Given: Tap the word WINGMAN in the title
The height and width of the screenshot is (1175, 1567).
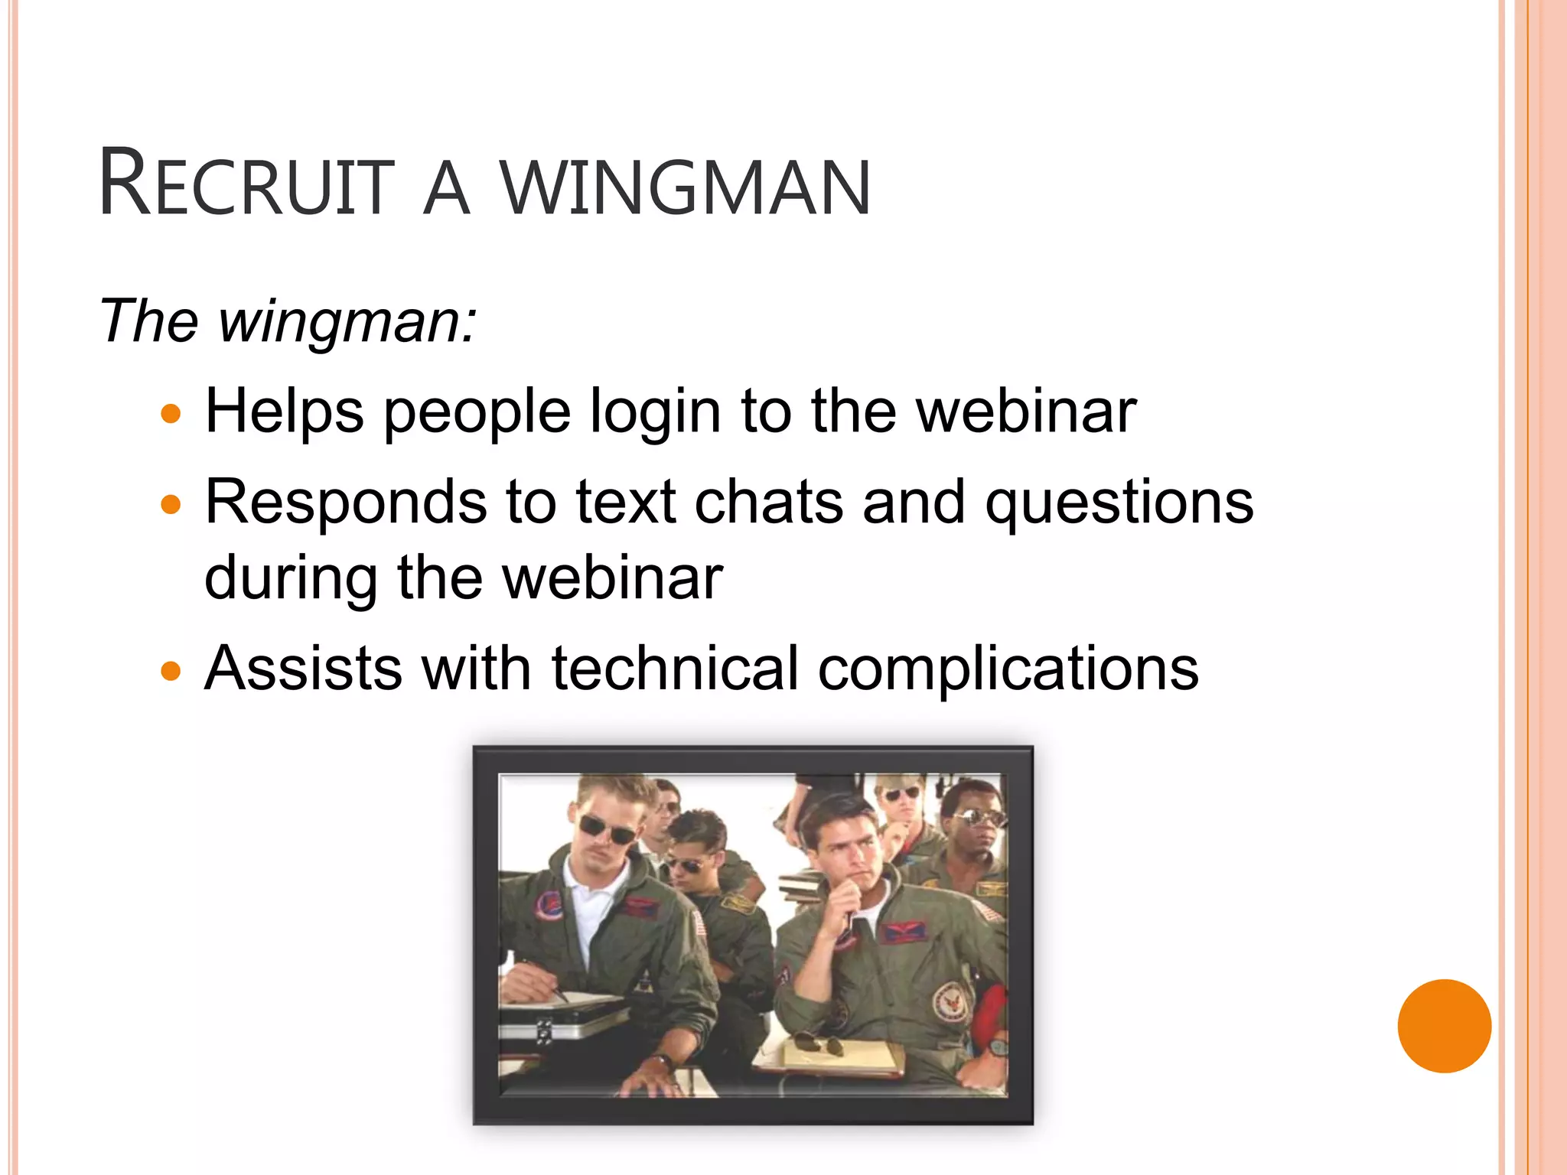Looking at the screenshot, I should (686, 187).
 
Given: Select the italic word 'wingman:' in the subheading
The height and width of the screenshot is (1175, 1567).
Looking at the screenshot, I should (348, 321).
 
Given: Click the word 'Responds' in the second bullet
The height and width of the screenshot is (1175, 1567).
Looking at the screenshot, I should (346, 502).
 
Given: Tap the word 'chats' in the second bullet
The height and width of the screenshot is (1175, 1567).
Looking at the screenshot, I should (768, 502).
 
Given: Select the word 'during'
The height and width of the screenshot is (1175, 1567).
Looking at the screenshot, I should (291, 578).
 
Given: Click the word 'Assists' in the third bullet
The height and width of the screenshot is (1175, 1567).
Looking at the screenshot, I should (303, 669).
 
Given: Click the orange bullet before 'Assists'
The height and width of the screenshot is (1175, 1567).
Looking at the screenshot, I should (171, 672).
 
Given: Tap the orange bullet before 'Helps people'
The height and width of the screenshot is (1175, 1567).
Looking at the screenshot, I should (171, 415).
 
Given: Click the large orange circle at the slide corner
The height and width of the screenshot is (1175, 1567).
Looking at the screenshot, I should (1444, 1026).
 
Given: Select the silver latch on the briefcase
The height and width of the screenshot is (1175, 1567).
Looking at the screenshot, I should (543, 1031).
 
